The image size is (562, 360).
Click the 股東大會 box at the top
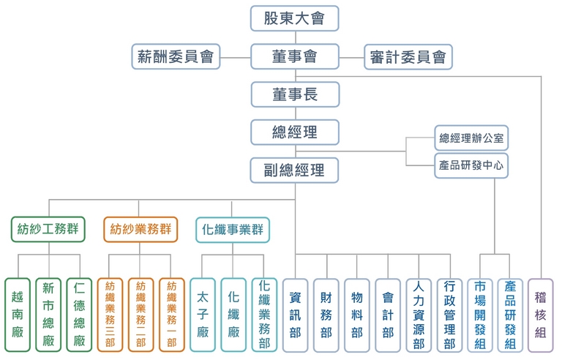(x=294, y=18)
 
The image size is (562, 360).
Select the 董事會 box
(x=294, y=56)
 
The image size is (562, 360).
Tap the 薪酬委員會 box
(x=176, y=56)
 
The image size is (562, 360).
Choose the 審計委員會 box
(x=408, y=56)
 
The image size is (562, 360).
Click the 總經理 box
(x=294, y=132)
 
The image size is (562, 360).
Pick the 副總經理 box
(x=294, y=170)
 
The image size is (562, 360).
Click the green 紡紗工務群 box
(x=48, y=229)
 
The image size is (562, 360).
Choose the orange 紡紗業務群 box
(x=141, y=229)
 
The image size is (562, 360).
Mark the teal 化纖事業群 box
(x=233, y=229)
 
